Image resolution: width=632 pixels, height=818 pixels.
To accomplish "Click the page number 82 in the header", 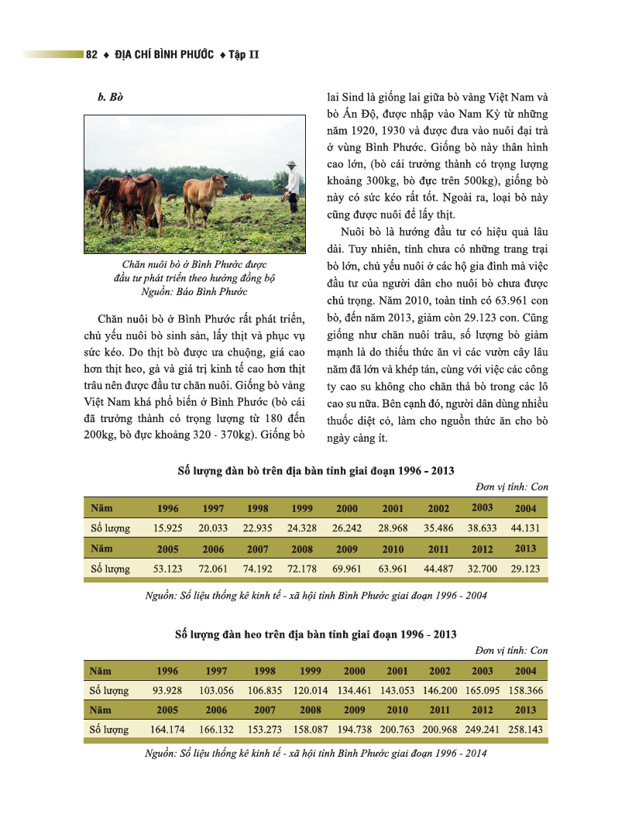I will [x=91, y=54].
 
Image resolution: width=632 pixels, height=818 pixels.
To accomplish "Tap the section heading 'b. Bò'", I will [x=111, y=99].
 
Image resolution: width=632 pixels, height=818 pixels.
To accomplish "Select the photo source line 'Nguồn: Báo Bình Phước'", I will [x=194, y=291].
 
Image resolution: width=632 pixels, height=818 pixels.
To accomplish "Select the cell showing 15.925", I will [x=167, y=528].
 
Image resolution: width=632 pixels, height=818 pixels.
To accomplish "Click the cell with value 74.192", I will [x=257, y=569].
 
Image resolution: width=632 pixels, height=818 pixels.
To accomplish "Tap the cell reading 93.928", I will [x=167, y=690].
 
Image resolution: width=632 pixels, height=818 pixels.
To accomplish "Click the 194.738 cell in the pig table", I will [x=354, y=730].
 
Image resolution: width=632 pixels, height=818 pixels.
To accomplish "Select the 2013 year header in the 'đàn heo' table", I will [x=525, y=710].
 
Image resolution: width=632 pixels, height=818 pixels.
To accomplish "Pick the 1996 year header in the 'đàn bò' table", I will [x=167, y=508].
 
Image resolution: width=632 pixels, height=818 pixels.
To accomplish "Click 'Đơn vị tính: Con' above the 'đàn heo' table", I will [x=511, y=650].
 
